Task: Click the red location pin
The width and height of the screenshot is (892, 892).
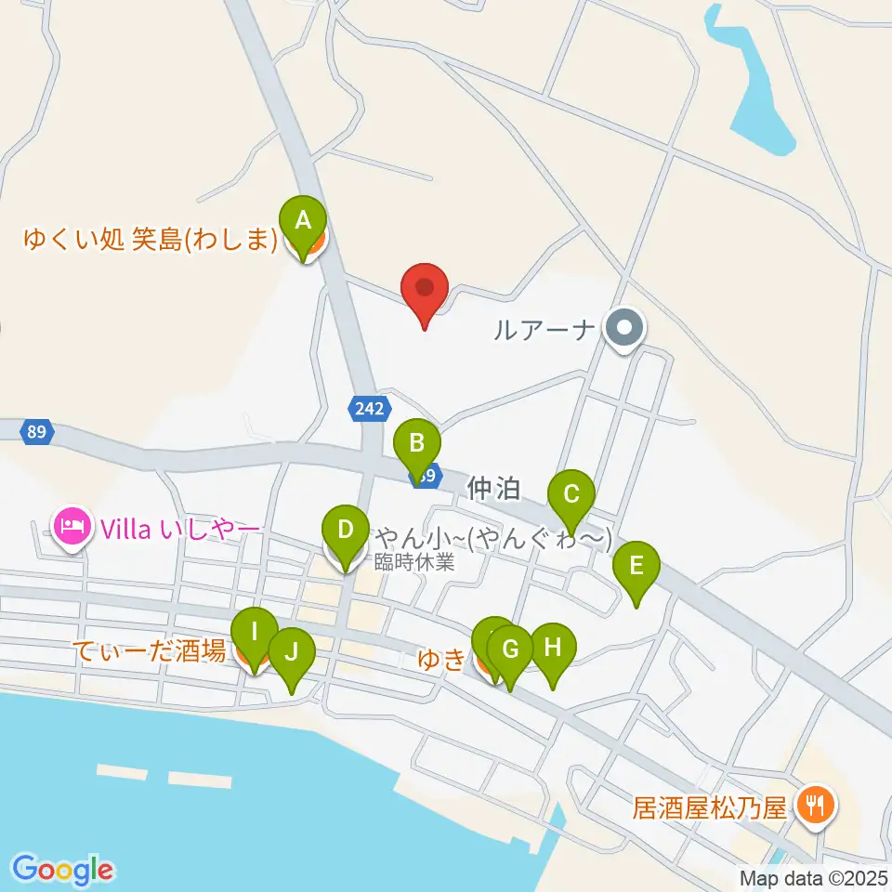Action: coord(425,287)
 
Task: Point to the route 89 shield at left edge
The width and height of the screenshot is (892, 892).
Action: coord(37,432)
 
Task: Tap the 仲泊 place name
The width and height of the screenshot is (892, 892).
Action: coord(494,487)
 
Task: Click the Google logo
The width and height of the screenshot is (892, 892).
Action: coord(63,870)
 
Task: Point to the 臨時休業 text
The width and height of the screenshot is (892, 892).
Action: coord(414,561)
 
